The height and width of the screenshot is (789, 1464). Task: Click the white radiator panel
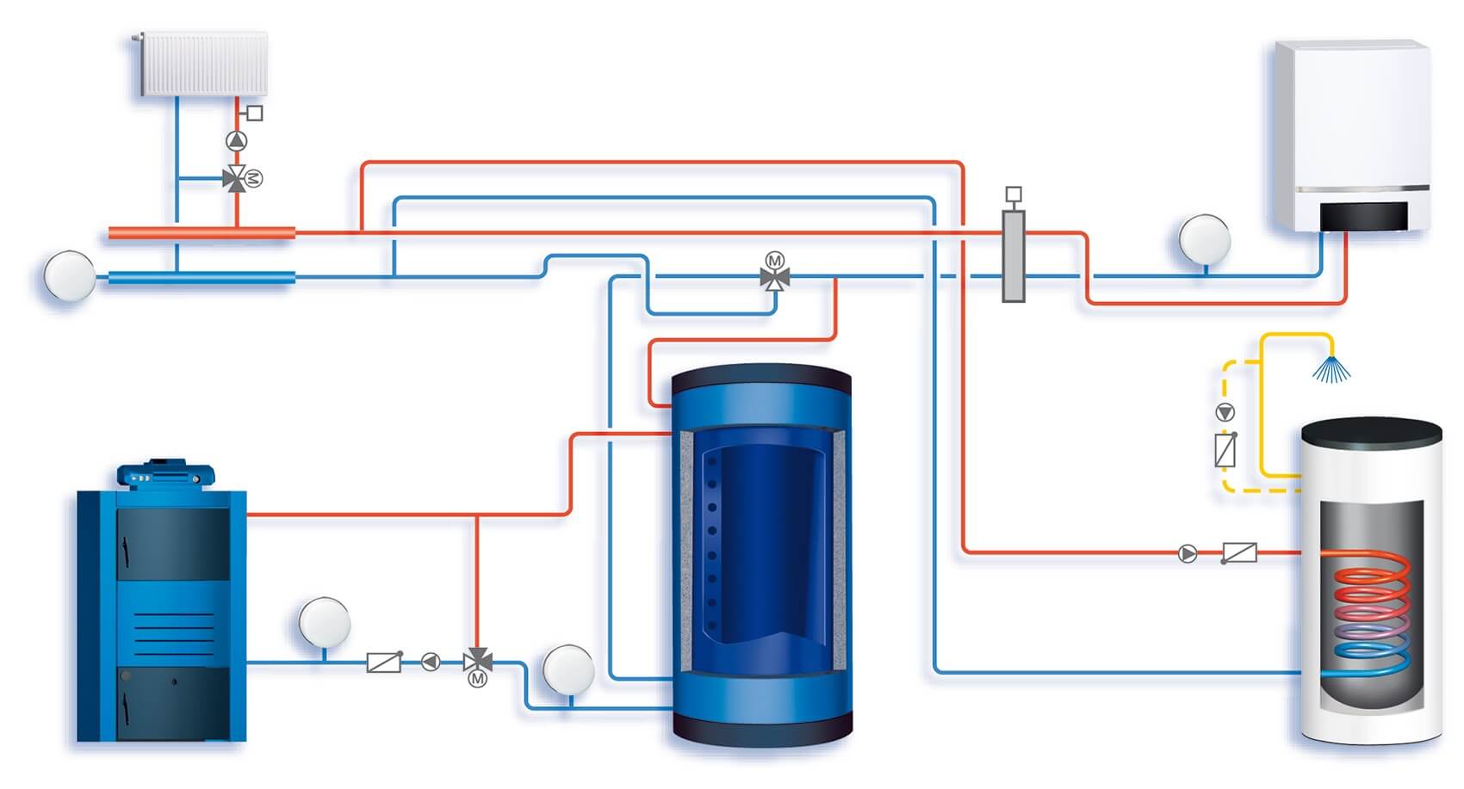pos(204,64)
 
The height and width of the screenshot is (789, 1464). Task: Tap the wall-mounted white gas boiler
pos(1350,129)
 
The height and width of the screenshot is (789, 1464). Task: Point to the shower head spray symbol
pos(1331,368)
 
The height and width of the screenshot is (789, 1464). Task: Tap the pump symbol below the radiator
pos(236,140)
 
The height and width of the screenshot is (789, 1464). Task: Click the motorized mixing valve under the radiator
pos(235,179)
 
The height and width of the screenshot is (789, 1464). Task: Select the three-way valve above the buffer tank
pos(775,276)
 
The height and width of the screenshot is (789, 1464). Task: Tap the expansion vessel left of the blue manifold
pos(69,276)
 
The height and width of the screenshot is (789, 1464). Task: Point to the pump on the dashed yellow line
pos(1225,412)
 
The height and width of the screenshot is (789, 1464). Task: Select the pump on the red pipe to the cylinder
pos(1188,553)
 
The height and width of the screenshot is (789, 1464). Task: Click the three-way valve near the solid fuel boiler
pos(477,662)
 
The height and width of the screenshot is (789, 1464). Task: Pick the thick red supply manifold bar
pos(202,232)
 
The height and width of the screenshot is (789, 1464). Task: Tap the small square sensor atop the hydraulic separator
pos(1014,194)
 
